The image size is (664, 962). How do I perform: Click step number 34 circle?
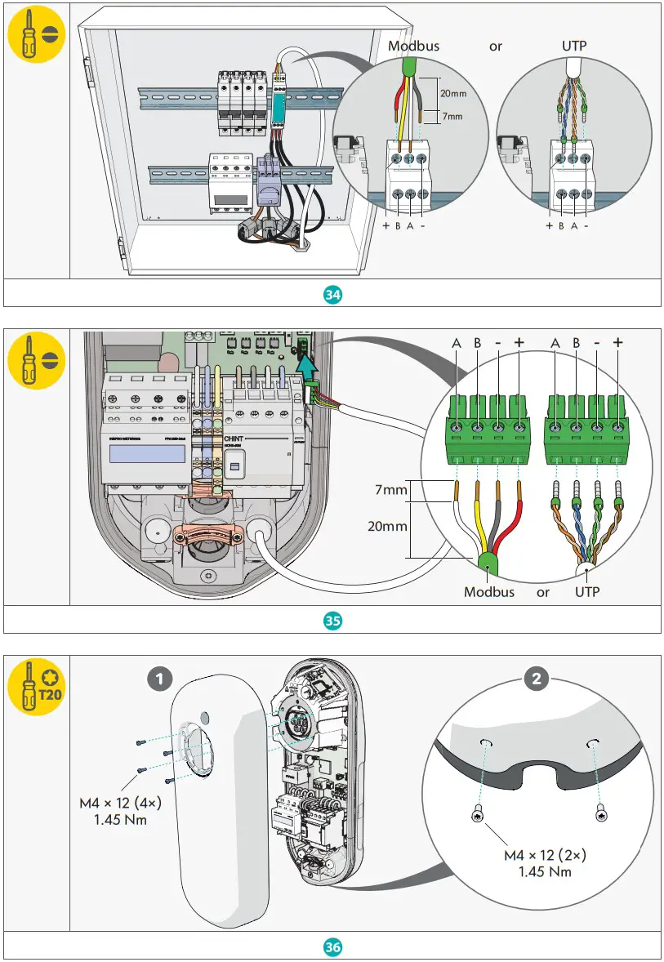pos(332,295)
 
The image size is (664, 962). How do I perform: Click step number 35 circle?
pos(332,621)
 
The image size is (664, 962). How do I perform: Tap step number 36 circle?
pos(332,947)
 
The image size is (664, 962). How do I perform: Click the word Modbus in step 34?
pos(413,46)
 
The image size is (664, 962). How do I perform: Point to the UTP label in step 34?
pos(574,46)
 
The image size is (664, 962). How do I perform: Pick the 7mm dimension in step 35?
pos(391,491)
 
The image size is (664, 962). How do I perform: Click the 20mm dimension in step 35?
pos(387,527)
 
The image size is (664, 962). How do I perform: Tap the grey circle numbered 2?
pos(536,677)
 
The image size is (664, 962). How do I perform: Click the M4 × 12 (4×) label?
pos(120,803)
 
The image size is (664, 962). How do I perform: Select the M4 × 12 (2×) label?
pos(545,856)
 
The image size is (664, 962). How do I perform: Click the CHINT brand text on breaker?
pos(234,439)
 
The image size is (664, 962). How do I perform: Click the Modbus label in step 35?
pos(488,591)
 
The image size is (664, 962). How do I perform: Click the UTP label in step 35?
pos(586,591)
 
